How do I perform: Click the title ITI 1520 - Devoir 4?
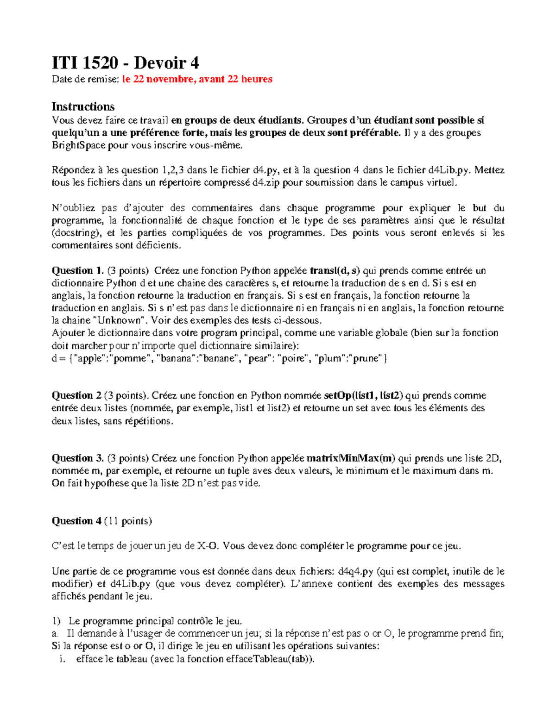(125, 63)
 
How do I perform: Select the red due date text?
(197, 79)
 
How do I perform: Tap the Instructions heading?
(83, 106)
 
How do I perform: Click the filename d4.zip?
(266, 182)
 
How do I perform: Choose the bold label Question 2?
(76, 395)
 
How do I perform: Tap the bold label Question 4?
(76, 521)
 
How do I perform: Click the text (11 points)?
(128, 521)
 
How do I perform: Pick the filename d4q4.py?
(355, 571)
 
